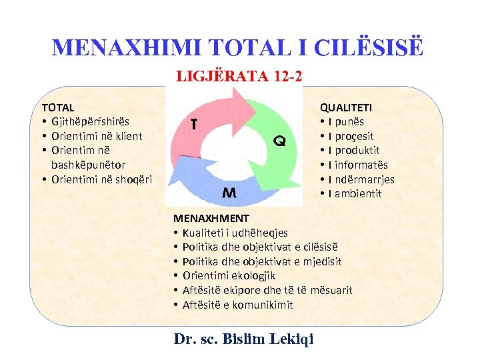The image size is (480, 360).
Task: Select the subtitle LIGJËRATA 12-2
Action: click(239, 76)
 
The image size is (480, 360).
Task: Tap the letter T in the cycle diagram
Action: click(193, 124)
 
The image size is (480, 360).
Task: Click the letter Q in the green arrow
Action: click(280, 141)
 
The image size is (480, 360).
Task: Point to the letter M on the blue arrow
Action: click(229, 193)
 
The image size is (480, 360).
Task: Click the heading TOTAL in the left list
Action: click(58, 107)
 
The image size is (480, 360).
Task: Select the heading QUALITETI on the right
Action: click(346, 107)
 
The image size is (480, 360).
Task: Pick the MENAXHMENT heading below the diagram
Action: click(211, 218)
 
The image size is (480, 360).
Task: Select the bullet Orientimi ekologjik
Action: click(229, 275)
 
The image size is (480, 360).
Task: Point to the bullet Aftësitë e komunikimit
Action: click(237, 305)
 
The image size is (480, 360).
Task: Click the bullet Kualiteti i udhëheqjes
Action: click(235, 233)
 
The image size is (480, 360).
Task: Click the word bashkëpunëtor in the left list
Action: click(88, 164)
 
